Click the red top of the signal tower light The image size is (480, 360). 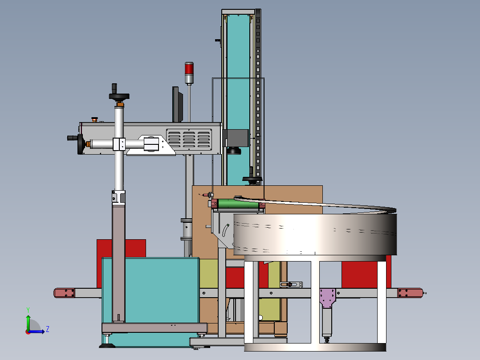pyautogui.click(x=189, y=68)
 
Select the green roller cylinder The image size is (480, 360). pyautogui.click(x=238, y=204)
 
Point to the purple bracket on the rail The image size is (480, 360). pyautogui.click(x=328, y=298)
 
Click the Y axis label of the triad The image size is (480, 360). pyautogui.click(x=28, y=310)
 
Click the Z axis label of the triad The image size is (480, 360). pyautogui.click(x=48, y=329)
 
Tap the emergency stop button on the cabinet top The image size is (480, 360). pyautogui.click(x=94, y=119)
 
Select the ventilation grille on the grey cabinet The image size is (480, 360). pyautogui.click(x=189, y=140)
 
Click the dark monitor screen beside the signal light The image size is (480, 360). pyautogui.click(x=177, y=104)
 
